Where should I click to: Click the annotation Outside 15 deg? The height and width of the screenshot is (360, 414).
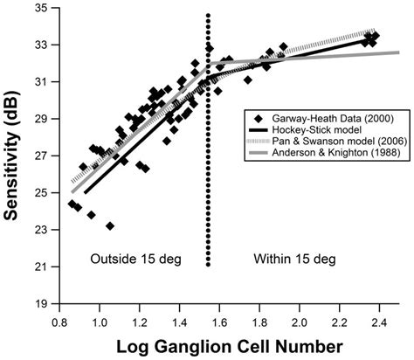coord(133,259)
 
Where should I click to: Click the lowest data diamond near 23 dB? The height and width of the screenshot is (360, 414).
coord(110,225)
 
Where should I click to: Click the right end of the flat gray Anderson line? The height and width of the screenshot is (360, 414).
coord(398,52)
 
